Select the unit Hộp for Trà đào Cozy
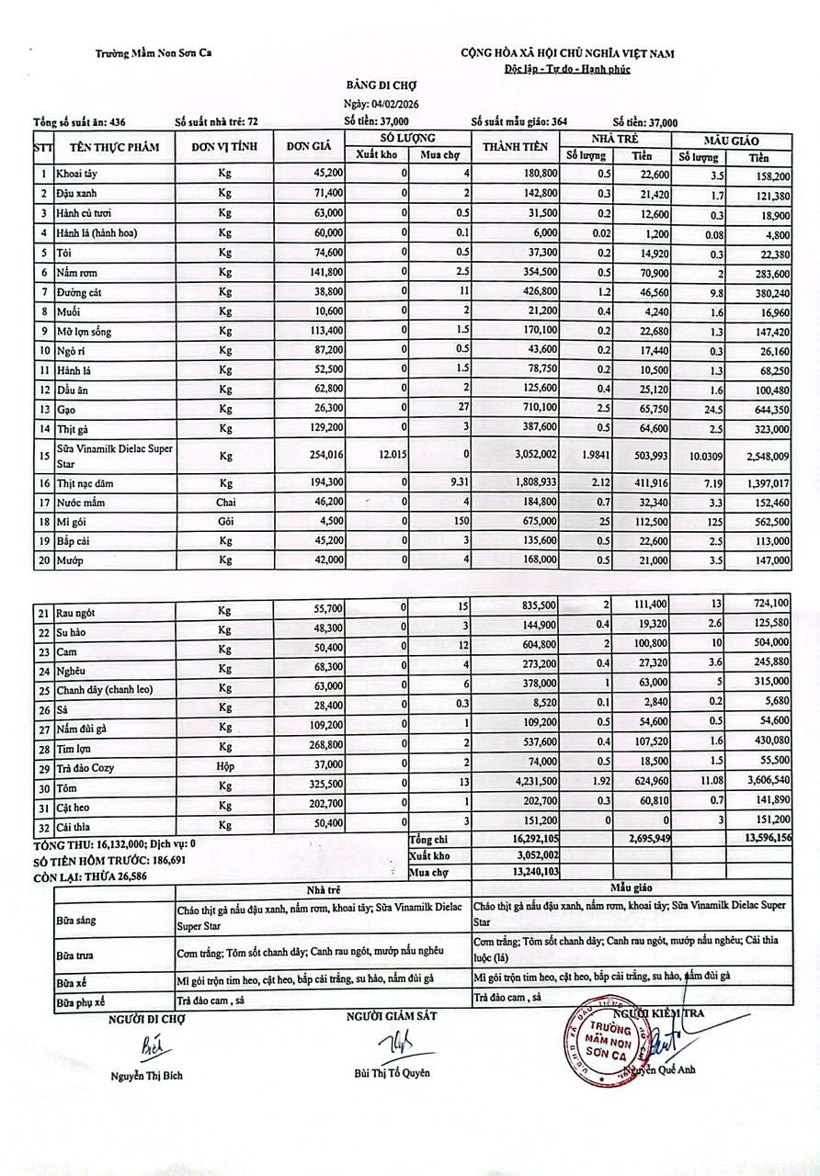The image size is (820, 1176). pos(225,766)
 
